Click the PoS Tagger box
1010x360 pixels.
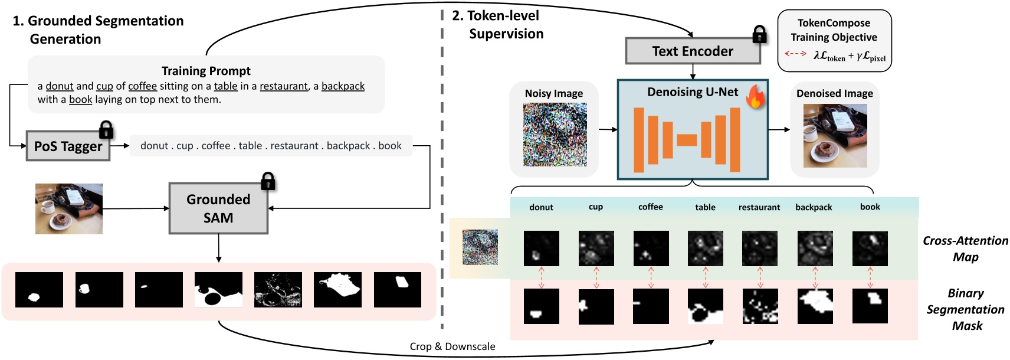68,146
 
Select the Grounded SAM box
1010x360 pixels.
218,208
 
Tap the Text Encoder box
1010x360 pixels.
693,51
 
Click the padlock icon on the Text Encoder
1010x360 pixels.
759,35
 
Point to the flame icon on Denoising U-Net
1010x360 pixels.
755,96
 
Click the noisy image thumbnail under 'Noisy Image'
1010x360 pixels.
555,135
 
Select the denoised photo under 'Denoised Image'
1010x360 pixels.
835,136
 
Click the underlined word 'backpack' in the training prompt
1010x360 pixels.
343,86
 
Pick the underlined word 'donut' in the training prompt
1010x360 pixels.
60,86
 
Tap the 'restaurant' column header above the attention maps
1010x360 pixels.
759,207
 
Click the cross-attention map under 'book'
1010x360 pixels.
870,248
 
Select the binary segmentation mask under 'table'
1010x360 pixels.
705,306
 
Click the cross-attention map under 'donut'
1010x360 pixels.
541,248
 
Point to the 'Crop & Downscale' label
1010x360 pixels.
452,346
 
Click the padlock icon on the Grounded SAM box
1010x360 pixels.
268,181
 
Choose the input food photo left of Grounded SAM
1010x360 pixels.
69,209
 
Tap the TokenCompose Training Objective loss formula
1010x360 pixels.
849,56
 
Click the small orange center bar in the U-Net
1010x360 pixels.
687,140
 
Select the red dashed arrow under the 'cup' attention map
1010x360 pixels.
596,277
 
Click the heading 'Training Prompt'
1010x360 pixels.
206,71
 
